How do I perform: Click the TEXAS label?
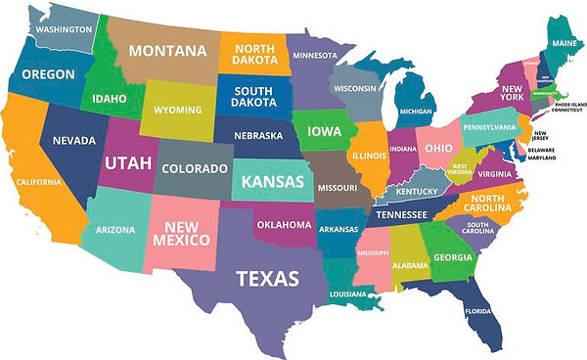267,278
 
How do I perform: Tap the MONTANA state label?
167,51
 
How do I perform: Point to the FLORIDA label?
477,312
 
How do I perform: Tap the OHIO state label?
437,149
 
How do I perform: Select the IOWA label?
324,131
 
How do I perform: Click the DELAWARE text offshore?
540,149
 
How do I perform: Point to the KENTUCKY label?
418,191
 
